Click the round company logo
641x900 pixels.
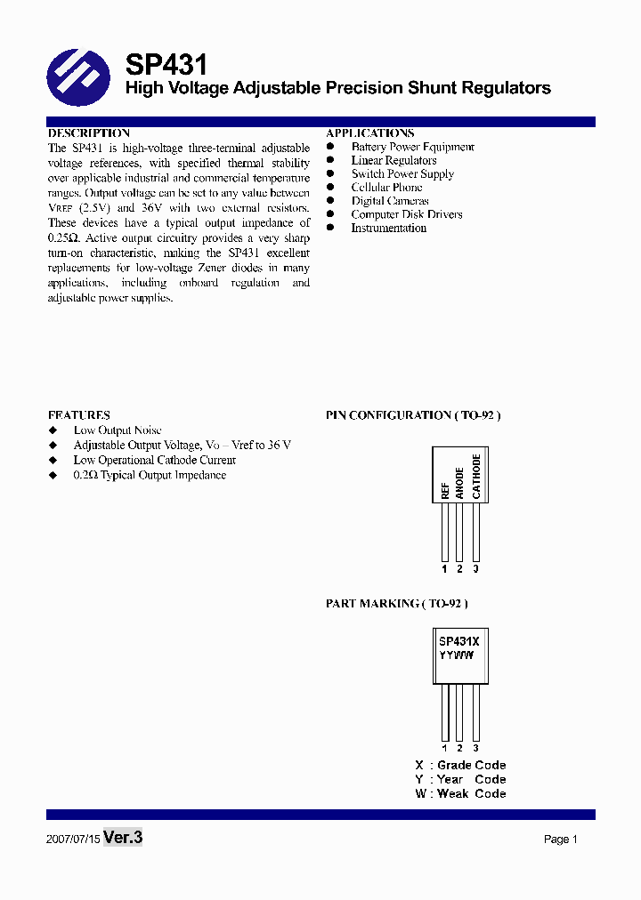pos(78,78)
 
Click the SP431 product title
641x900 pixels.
pos(166,65)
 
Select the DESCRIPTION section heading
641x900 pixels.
pos(88,133)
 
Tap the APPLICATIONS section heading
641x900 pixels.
pos(369,133)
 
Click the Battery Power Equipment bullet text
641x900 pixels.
pos(412,147)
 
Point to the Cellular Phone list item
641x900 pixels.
pos(386,188)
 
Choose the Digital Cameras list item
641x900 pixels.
pos(389,201)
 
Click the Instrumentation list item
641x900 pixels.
pos(388,229)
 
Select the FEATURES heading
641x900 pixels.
pos(78,415)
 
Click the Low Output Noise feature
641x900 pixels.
pos(118,430)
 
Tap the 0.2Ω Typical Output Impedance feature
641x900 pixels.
pos(150,476)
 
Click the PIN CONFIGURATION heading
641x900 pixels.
pos(413,415)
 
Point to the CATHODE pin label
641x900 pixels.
pos(476,477)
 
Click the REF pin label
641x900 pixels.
pos(444,490)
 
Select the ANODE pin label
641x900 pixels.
pos(459,483)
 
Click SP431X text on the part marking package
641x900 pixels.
pos(459,640)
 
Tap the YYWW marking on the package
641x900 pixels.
pos(456,655)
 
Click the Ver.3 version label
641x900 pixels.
pos(123,838)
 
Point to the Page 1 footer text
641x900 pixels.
pos(561,840)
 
